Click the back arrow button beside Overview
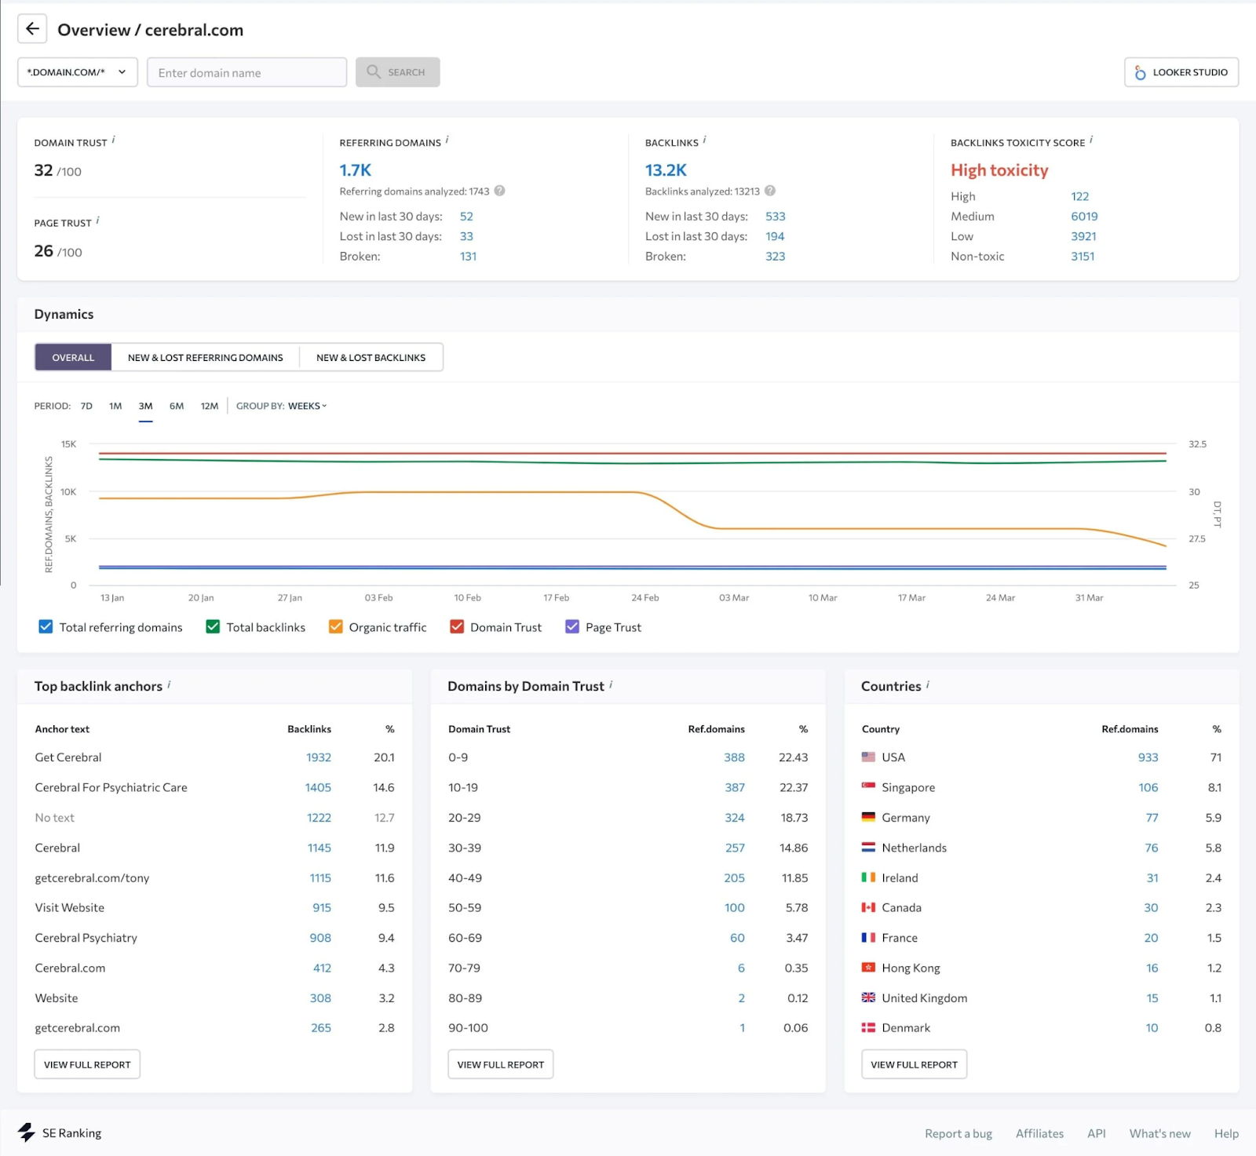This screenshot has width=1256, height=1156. (32, 29)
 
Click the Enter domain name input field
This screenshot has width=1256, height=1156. (246, 72)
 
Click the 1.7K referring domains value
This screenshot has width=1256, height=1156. (355, 170)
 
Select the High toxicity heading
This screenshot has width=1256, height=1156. (999, 170)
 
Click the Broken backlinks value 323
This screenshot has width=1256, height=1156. (775, 256)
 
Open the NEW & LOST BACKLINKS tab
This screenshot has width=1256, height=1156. (371, 357)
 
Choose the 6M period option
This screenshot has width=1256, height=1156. (177, 406)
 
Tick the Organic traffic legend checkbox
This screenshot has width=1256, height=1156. (336, 626)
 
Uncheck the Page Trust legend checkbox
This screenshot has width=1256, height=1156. (572, 626)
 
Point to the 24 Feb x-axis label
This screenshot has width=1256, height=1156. (644, 598)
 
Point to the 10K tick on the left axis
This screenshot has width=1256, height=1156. (68, 492)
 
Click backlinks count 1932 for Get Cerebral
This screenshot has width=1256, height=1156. (318, 757)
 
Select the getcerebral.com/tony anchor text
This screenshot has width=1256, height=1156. (92, 877)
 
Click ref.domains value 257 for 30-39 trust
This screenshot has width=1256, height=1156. (734, 848)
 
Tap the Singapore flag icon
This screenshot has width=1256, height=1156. (868, 786)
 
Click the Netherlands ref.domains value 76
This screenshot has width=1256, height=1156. (1151, 848)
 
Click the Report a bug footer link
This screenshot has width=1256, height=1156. (958, 1133)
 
